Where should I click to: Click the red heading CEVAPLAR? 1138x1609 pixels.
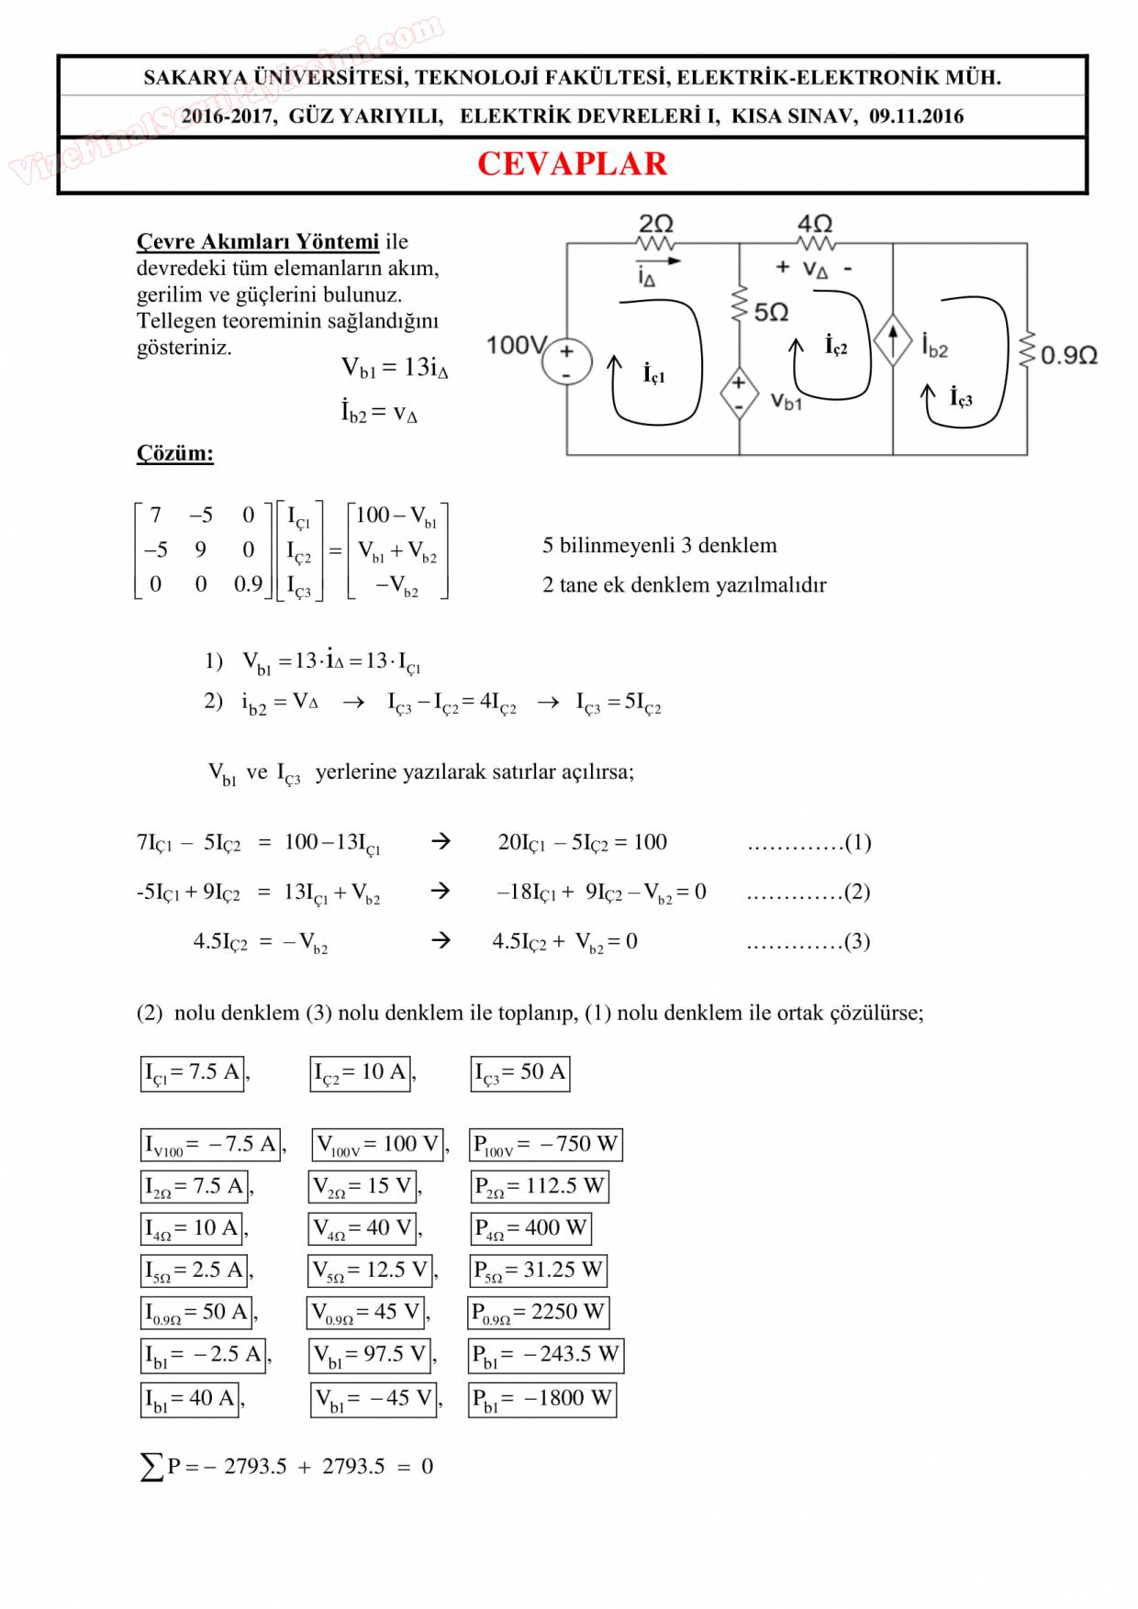(572, 164)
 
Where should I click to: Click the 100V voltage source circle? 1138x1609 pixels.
(566, 362)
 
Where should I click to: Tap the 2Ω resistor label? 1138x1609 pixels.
(655, 223)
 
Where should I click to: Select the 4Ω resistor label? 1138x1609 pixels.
(815, 223)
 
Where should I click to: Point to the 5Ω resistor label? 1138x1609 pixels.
(771, 313)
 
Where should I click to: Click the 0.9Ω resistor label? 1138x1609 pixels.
(1069, 355)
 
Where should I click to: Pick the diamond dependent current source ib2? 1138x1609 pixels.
(892, 339)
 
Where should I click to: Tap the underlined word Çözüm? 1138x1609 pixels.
(174, 453)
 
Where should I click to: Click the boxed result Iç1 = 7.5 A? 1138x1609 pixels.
(193, 1072)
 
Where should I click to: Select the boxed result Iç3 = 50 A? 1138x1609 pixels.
(519, 1072)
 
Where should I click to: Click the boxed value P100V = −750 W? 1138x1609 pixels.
(545, 1145)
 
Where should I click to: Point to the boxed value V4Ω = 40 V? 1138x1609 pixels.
(363, 1228)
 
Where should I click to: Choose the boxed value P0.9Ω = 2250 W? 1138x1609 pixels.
(538, 1313)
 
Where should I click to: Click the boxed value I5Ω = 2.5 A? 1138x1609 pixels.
(195, 1271)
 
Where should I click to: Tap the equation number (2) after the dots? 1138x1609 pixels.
(856, 892)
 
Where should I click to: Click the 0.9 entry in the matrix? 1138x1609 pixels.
(248, 584)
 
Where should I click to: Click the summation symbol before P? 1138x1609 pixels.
(151, 1467)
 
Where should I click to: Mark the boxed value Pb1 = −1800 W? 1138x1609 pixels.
(541, 1399)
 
